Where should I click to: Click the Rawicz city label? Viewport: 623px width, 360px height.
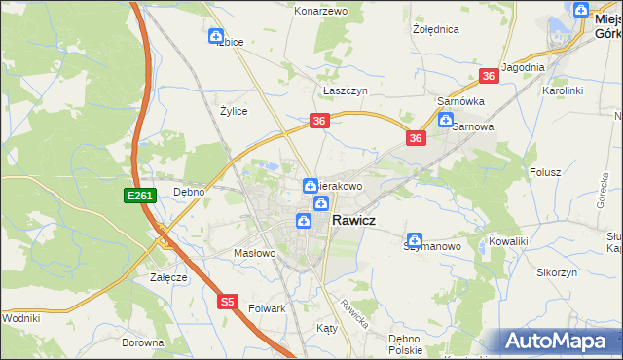pos(354,221)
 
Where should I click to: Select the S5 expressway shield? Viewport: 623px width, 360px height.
pos(228,303)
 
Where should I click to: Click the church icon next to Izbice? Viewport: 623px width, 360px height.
pos(216,37)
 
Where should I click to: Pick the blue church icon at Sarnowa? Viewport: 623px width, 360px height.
pos(446,122)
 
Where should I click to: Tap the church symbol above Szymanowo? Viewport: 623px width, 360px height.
pos(415,239)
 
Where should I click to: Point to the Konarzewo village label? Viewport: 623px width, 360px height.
pos(320,11)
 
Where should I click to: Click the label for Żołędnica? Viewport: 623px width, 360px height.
pos(435,29)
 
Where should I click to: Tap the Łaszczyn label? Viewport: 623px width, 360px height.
pos(344,89)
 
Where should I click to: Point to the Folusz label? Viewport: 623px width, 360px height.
pos(545,172)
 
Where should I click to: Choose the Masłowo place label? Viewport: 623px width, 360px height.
pos(256,253)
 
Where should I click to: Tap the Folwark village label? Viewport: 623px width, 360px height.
pos(266,308)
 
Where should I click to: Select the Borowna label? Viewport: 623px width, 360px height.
pos(143,342)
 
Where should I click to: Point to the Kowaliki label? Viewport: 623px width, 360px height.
pos(508,240)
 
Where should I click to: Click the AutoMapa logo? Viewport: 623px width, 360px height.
pos(560,341)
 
